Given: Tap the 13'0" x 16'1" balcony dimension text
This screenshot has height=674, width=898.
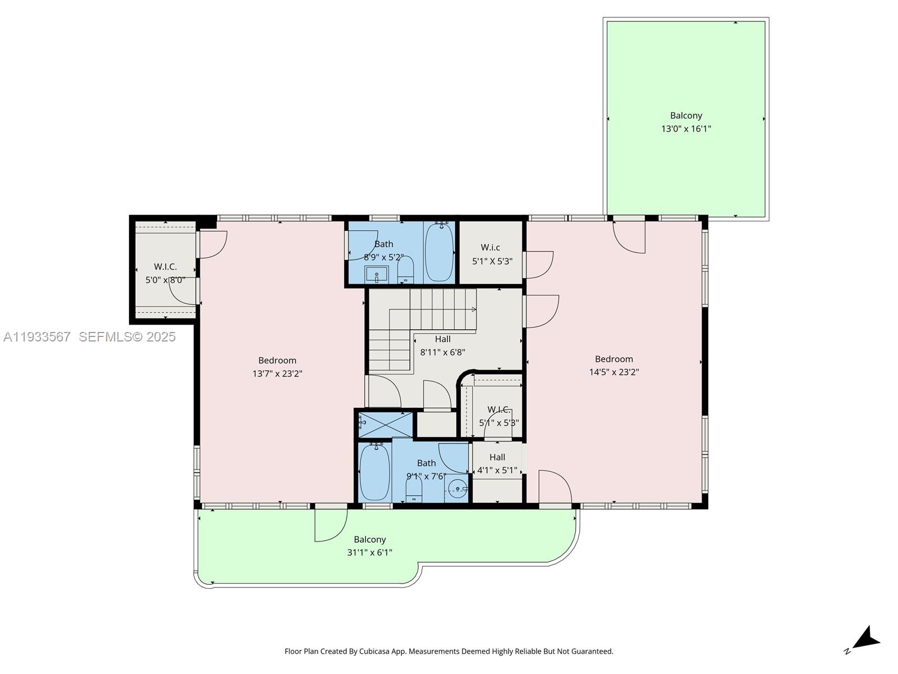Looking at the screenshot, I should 686,129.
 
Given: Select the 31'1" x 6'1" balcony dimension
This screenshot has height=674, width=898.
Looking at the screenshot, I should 369,553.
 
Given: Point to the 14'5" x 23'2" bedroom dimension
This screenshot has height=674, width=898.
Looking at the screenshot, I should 614,372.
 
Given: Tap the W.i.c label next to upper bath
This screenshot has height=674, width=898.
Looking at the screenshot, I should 490,248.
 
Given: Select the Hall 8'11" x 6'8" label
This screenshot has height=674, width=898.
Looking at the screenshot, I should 442,346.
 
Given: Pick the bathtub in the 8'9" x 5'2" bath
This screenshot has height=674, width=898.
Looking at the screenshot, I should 439,252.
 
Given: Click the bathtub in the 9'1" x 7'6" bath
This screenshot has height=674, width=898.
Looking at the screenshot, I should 374,471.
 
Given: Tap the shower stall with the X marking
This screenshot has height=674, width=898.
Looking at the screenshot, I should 386,425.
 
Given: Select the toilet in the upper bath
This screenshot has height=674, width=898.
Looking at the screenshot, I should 405,271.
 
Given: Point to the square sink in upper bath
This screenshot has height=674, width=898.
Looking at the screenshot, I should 375,275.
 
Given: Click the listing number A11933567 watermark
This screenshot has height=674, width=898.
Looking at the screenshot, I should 37,337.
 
